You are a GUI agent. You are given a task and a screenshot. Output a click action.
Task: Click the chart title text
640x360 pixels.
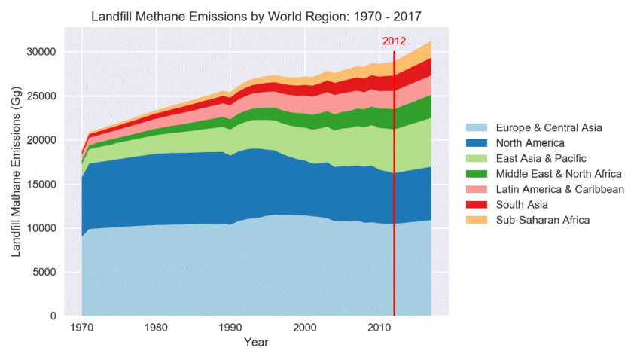pyautogui.click(x=256, y=16)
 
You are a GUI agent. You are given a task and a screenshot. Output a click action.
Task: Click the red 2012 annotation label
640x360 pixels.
pyautogui.click(x=395, y=41)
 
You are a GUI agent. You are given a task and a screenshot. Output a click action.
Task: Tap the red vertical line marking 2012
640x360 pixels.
pyautogui.click(x=395, y=188)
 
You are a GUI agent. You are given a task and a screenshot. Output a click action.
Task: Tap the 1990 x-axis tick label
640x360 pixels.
pyautogui.click(x=230, y=328)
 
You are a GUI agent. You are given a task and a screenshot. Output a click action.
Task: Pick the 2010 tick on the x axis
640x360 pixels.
pyautogui.click(x=379, y=328)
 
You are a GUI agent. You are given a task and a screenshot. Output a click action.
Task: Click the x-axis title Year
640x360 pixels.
pyautogui.click(x=256, y=343)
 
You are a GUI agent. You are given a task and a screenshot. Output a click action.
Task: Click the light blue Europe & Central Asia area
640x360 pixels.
pyautogui.click(x=226, y=271)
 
